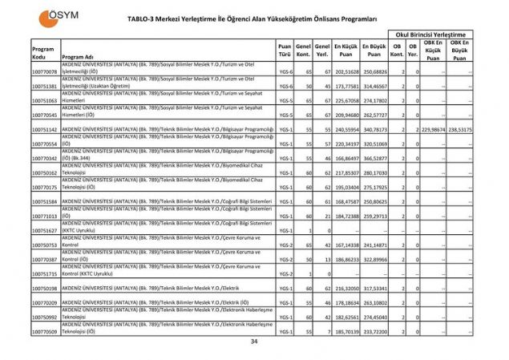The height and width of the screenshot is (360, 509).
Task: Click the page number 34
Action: click(255, 343)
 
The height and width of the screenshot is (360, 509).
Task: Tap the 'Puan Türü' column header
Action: click(285, 52)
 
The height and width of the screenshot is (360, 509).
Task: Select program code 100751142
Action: click(45, 129)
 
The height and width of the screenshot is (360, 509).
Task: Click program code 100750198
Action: click(45, 287)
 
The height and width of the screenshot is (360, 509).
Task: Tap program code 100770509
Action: click(45, 330)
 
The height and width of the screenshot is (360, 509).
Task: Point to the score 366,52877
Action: click(374, 158)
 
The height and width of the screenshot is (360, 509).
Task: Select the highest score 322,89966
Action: click(374, 259)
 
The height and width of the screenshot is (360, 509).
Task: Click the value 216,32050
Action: click(345, 287)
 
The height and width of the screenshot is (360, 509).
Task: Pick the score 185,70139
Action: click(345, 330)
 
